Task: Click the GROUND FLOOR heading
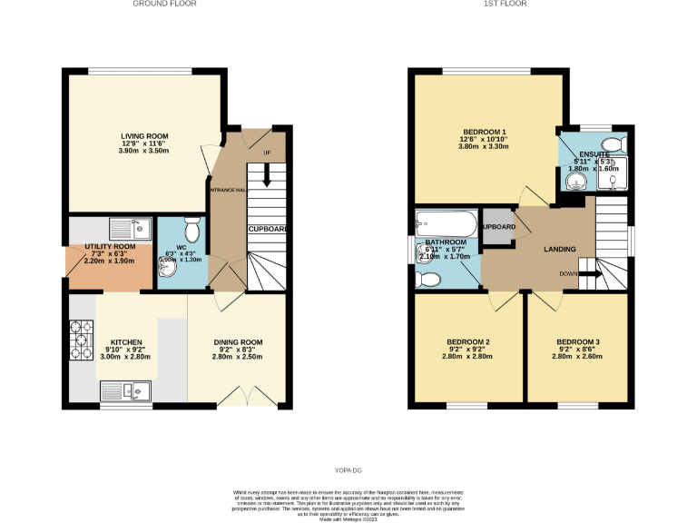(164, 4)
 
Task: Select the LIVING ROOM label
(145, 136)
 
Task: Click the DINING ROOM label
(237, 342)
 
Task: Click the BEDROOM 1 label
(484, 132)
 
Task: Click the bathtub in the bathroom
(445, 223)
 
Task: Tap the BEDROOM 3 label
(577, 342)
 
